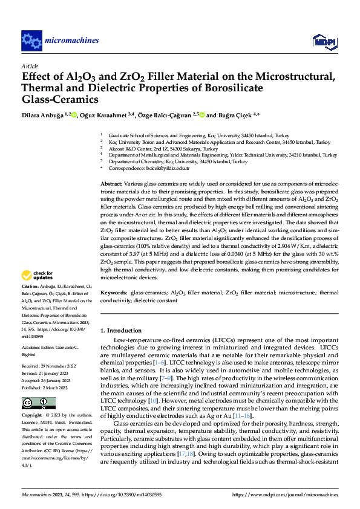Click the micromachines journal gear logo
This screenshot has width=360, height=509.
click(31, 41)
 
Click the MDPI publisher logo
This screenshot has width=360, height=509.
click(324, 41)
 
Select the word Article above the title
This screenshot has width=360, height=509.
click(30, 66)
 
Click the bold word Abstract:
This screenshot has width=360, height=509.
click(111, 183)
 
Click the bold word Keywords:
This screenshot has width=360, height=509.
click(113, 293)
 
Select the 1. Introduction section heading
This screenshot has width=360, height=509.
click(121, 331)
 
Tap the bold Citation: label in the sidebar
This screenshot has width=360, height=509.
click(30, 285)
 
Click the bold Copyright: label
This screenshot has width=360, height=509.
click(33, 400)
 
